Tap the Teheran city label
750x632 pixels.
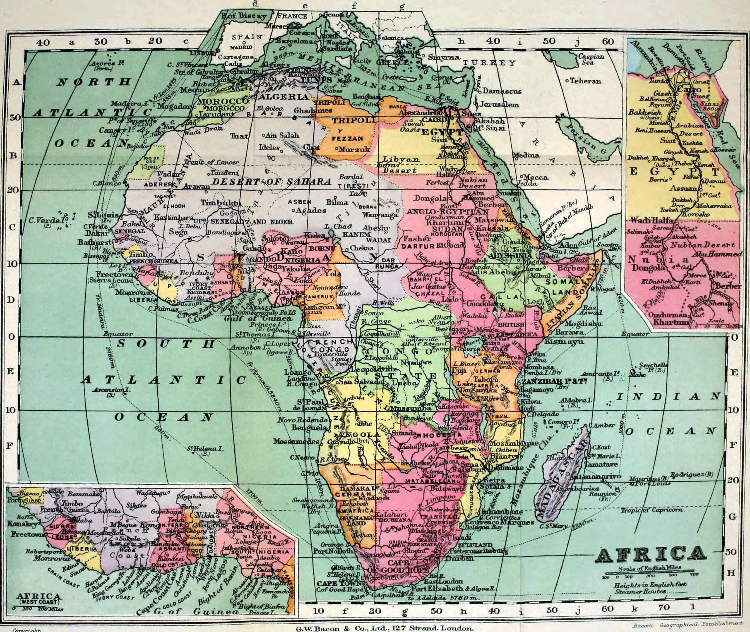pos(585,81)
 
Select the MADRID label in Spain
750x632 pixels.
pos(241,47)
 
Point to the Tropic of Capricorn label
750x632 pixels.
pos(652,509)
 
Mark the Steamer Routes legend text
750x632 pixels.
pos(640,592)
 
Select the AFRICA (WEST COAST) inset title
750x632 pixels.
pos(39,598)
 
